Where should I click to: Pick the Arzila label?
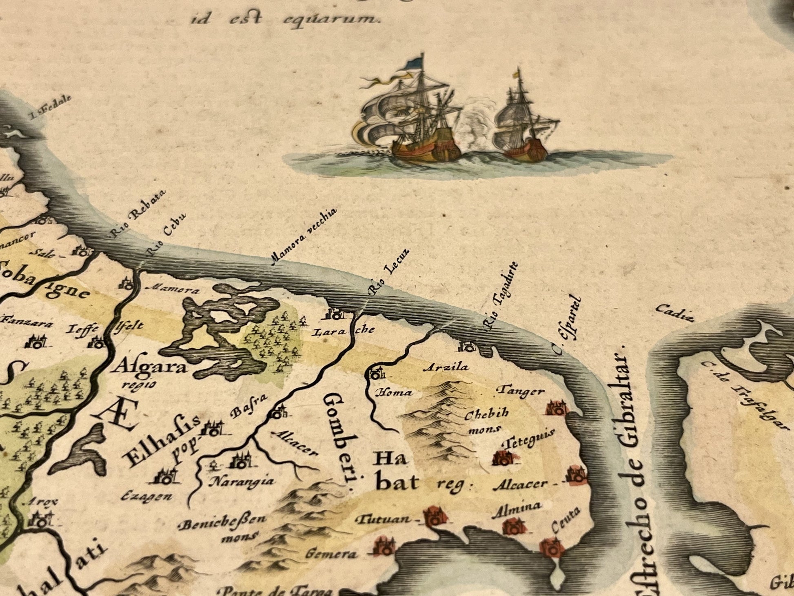click(x=446, y=367)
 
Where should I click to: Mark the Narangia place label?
click(x=241, y=481)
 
